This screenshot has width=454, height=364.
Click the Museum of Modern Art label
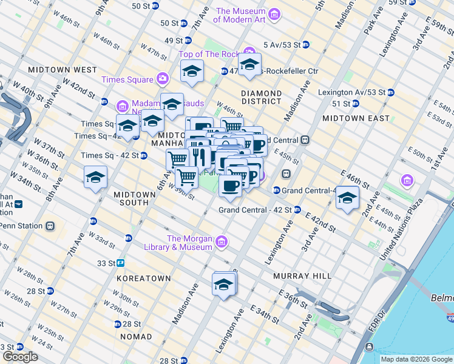241,15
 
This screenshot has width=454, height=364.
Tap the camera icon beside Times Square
162,79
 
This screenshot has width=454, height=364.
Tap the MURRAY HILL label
302,275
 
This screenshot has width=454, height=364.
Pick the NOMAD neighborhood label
136,336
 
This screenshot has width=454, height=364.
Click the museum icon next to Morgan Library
222,243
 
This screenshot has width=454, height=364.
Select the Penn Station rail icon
50,226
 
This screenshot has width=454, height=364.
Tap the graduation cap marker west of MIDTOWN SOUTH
96,178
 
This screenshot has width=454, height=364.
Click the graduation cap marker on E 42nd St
347,198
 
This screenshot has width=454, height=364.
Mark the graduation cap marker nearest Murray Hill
223,284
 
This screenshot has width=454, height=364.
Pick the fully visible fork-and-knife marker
200,157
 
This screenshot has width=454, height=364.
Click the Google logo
19,357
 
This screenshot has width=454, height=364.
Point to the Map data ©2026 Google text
416,359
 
